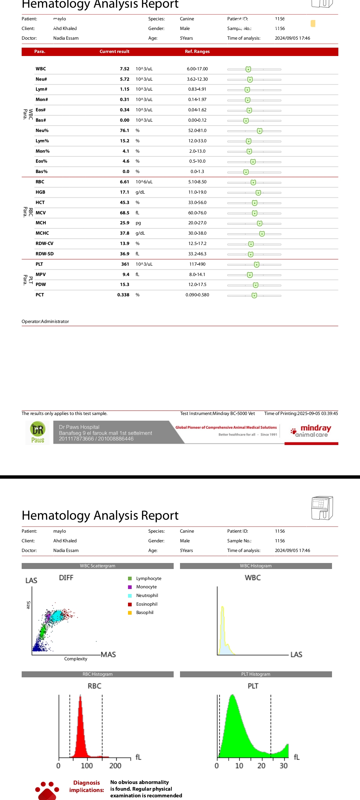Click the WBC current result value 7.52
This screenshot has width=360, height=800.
pyautogui.click(x=124, y=69)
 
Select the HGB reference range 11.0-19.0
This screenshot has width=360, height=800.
pyautogui.click(x=197, y=192)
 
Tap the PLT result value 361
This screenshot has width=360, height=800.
pyautogui.click(x=125, y=264)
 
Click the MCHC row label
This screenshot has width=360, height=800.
pyautogui.click(x=42, y=233)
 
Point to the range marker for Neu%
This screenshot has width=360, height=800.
pyautogui.click(x=260, y=131)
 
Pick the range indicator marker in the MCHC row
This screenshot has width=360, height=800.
pyautogui.click(x=262, y=234)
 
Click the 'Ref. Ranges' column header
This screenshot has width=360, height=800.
pyautogui.click(x=197, y=52)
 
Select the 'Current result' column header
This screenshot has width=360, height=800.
pyautogui.click(x=114, y=52)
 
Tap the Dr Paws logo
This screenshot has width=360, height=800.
pyautogui.click(x=38, y=432)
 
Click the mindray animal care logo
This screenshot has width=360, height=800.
pyautogui.click(x=311, y=431)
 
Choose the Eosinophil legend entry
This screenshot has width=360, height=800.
pyautogui.click(x=146, y=604)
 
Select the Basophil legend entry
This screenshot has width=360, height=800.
pyautogui.click(x=144, y=613)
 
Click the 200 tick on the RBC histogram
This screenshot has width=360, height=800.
pyautogui.click(x=115, y=766)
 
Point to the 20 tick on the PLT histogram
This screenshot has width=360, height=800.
pyautogui.click(x=261, y=766)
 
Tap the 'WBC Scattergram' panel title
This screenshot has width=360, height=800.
pyautogui.click(x=97, y=566)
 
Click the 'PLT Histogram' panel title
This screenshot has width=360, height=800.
pyautogui.click(x=256, y=674)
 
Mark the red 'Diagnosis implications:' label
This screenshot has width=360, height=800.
pyautogui.click(x=86, y=786)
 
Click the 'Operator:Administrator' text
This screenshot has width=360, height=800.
pyautogui.click(x=45, y=322)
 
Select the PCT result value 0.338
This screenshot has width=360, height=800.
pyautogui.click(x=123, y=295)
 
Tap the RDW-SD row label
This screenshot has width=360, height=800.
pyautogui.click(x=45, y=254)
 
